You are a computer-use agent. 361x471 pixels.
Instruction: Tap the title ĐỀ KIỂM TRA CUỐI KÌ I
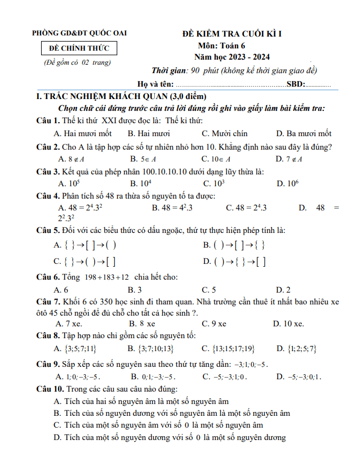tap(232, 34)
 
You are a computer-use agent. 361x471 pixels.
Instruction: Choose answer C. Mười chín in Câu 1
tap(224, 134)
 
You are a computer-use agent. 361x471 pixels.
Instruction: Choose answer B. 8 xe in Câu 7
tap(142, 324)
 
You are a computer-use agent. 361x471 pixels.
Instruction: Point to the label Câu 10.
tap(50, 389)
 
